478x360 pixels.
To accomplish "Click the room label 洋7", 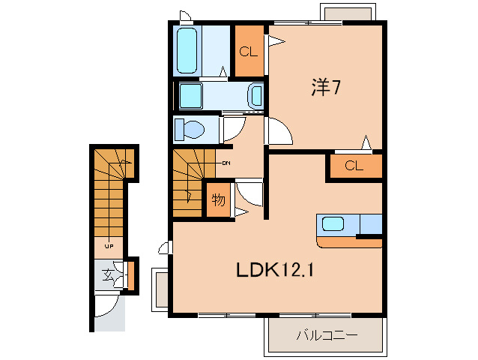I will click(327, 88).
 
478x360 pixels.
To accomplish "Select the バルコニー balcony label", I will click(327, 336).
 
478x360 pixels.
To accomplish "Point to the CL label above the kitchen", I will click(354, 166).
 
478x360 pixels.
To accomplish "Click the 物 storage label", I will click(218, 200).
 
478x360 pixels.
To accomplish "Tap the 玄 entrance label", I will click(109, 275).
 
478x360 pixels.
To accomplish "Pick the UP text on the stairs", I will click(109, 245).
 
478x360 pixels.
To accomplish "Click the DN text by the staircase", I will click(225, 162).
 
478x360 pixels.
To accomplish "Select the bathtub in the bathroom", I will click(187, 51).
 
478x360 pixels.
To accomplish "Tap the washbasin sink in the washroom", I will click(256, 95).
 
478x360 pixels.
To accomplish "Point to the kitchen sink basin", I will click(332, 223).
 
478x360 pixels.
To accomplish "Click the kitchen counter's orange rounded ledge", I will click(349, 242).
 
